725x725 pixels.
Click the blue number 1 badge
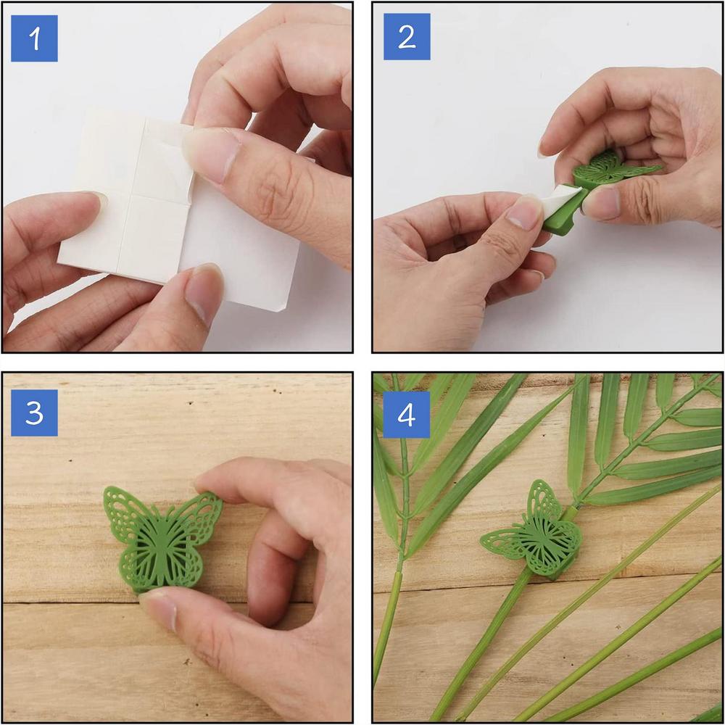[34, 38]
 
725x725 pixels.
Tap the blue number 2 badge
[407, 37]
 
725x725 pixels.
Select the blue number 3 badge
[34, 413]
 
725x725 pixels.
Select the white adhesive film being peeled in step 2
[563, 199]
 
